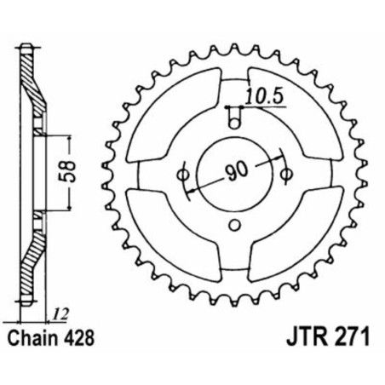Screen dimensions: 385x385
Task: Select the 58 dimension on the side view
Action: click(76, 173)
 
